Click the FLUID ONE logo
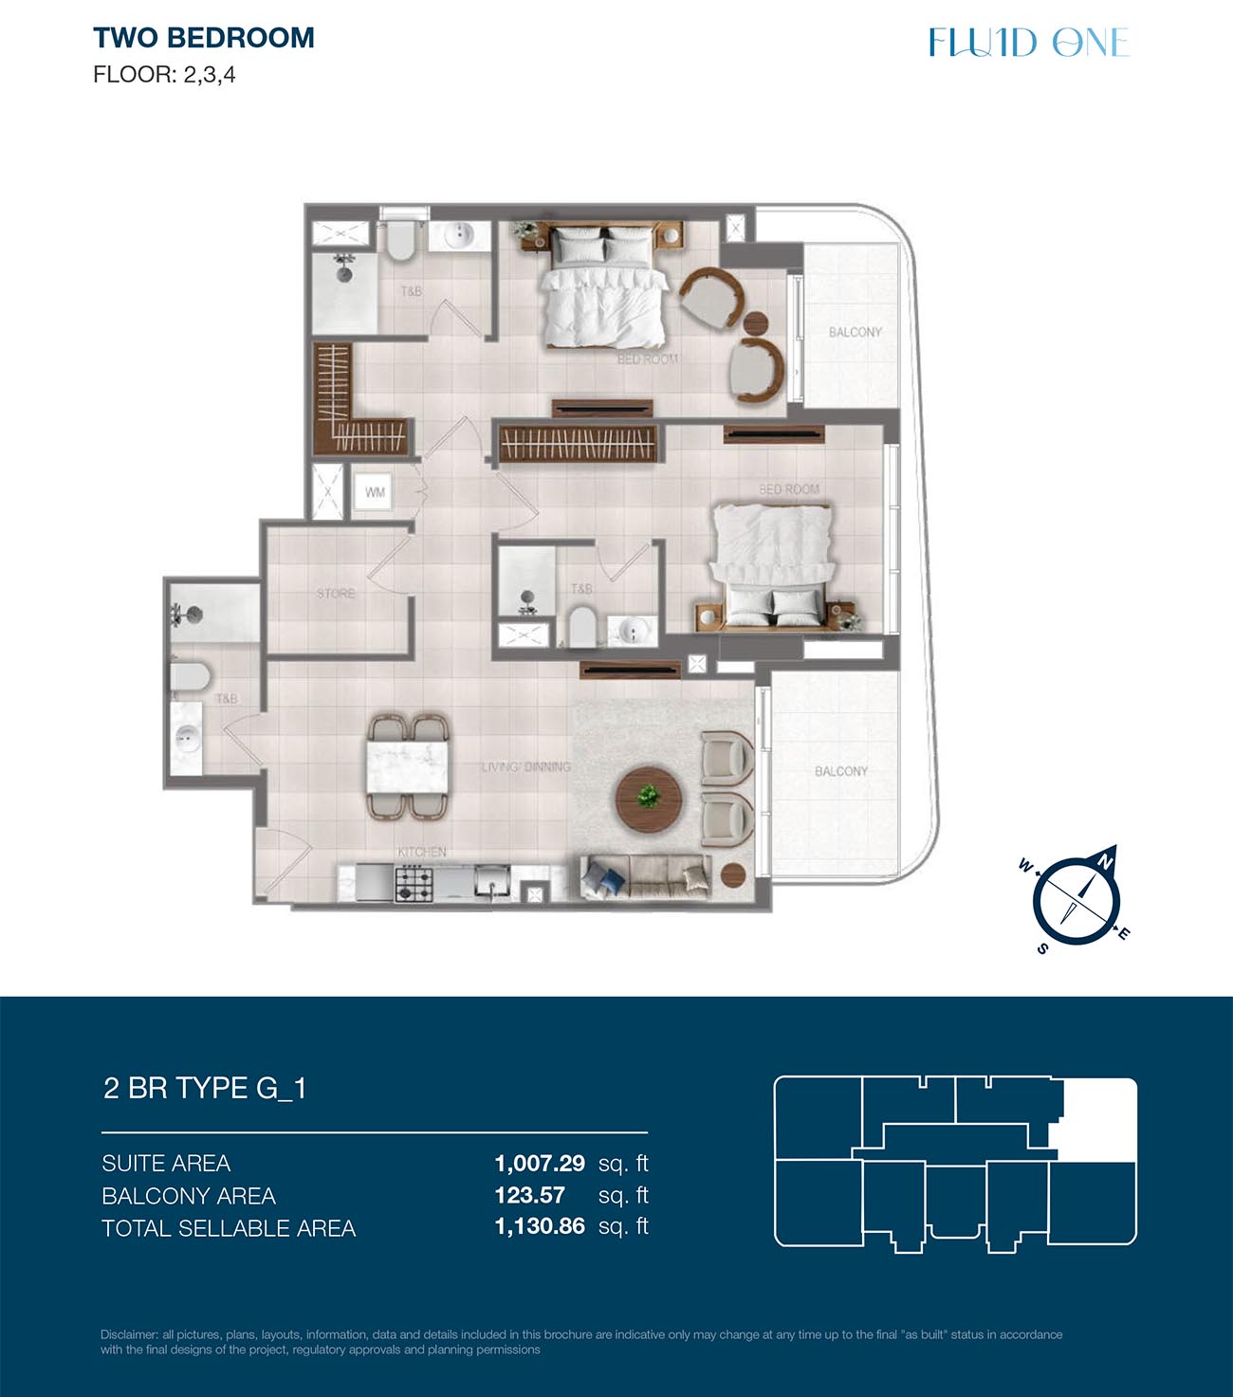tap(1029, 42)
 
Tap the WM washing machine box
tap(374, 492)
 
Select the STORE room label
tap(336, 593)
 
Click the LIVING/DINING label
tap(526, 766)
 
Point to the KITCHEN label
tap(422, 853)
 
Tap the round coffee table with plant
tap(648, 800)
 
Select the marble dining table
tap(408, 766)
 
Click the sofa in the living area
tap(646, 878)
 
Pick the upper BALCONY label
tap(856, 332)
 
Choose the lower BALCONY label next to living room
tap(841, 771)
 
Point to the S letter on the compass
tap(1042, 948)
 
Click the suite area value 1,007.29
tap(540, 1164)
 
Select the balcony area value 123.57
tap(529, 1195)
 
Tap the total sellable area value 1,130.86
tap(540, 1226)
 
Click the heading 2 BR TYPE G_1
tap(205, 1088)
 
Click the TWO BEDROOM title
tap(203, 38)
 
